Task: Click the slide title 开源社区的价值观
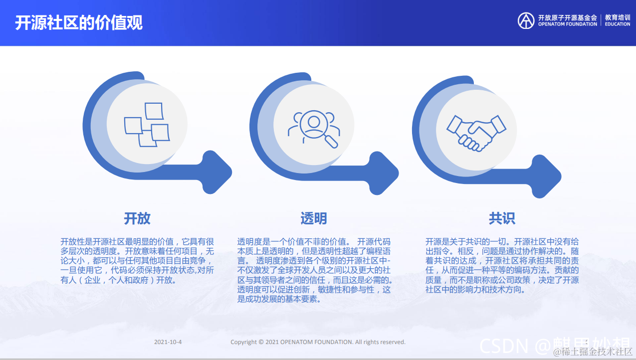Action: pyautogui.click(x=79, y=23)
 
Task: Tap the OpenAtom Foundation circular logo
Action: pyautogui.click(x=526, y=20)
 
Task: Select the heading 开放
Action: pyautogui.click(x=137, y=218)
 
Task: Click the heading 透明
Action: pyautogui.click(x=314, y=218)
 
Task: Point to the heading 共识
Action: pyautogui.click(x=502, y=218)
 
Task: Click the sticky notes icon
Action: pyautogui.click(x=147, y=125)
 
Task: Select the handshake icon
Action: pyautogui.click(x=476, y=131)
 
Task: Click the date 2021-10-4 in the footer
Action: pyautogui.click(x=168, y=342)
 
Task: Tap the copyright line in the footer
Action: pyautogui.click(x=318, y=342)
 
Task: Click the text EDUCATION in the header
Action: pyautogui.click(x=618, y=24)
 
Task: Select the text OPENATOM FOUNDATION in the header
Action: pyautogui.click(x=567, y=24)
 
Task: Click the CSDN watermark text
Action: pyautogui.click(x=504, y=344)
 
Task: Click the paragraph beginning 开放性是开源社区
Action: pyautogui.click(x=138, y=261)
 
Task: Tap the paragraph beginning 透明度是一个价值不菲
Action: pyautogui.click(x=314, y=270)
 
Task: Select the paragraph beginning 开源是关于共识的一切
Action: pyautogui.click(x=502, y=265)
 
